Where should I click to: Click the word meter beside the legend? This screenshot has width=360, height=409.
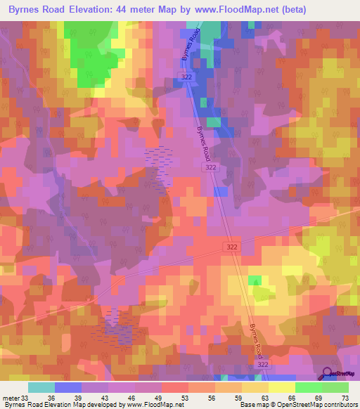coord(10,397)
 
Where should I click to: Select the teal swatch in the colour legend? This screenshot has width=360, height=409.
coord(41,387)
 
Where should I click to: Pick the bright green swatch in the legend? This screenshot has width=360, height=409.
coord(308,387)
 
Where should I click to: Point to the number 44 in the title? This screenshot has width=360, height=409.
coord(139,10)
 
